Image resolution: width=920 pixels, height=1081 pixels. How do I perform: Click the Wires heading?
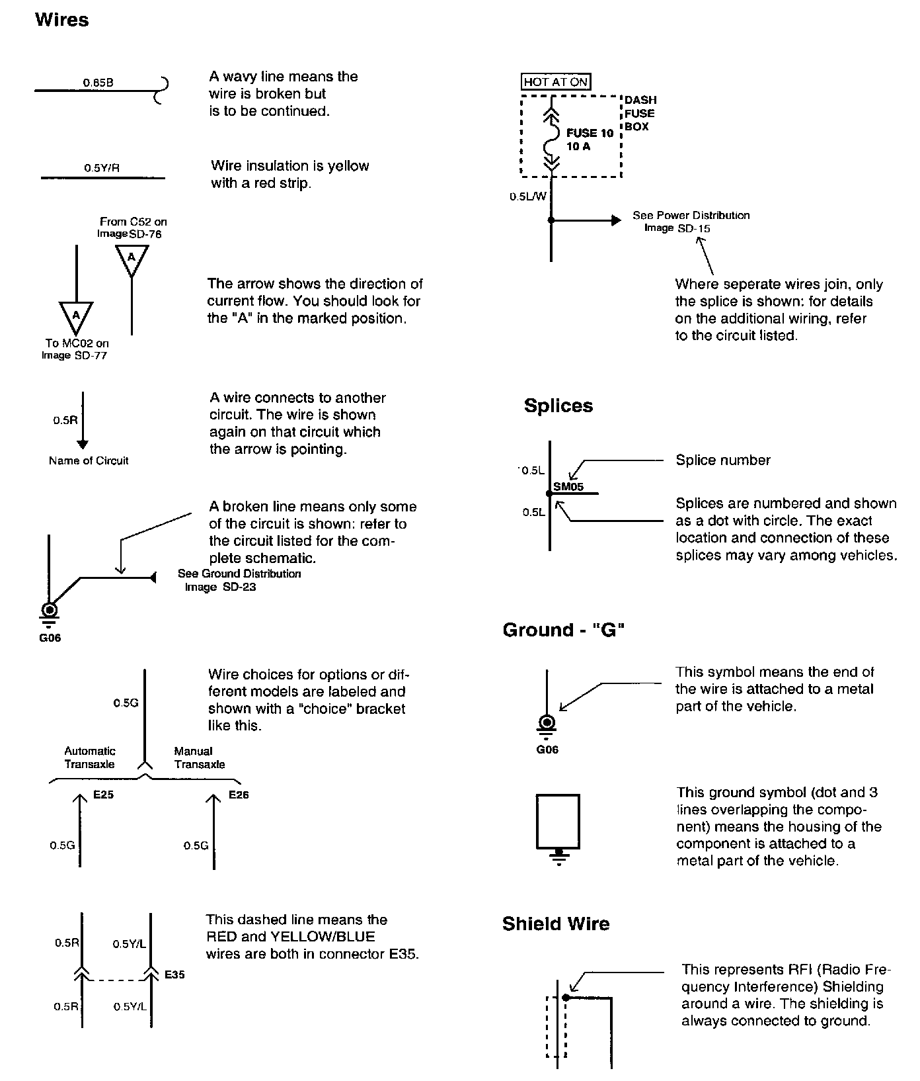(61, 20)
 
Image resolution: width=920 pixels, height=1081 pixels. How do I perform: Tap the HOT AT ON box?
(555, 82)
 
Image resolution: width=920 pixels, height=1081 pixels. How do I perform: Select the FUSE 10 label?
(590, 133)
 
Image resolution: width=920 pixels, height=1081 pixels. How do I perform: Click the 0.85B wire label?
(98, 83)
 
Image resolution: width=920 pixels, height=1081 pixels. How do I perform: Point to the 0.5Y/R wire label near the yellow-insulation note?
(102, 168)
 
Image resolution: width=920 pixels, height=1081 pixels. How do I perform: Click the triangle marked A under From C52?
(132, 258)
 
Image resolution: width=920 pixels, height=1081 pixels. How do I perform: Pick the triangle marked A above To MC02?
(76, 316)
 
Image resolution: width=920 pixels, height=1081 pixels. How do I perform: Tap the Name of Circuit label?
(89, 460)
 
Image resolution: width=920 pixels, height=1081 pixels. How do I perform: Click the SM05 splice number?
(568, 487)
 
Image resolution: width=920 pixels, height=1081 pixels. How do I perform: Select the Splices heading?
(558, 406)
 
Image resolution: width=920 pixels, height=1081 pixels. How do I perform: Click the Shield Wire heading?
(556, 924)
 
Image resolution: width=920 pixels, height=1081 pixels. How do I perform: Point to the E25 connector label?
(103, 795)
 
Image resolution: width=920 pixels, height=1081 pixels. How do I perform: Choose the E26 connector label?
(239, 795)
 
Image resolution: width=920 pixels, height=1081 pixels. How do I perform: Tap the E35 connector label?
(174, 974)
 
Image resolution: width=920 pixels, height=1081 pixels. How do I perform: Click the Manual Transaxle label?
(199, 757)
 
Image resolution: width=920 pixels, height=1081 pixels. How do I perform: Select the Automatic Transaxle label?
(89, 757)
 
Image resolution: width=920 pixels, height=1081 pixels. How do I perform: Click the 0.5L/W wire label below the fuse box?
(527, 196)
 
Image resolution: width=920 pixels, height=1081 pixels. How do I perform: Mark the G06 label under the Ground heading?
(547, 750)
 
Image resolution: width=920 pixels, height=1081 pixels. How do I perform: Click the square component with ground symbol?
(558, 821)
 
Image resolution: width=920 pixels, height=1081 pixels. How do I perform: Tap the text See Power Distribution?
(691, 215)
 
